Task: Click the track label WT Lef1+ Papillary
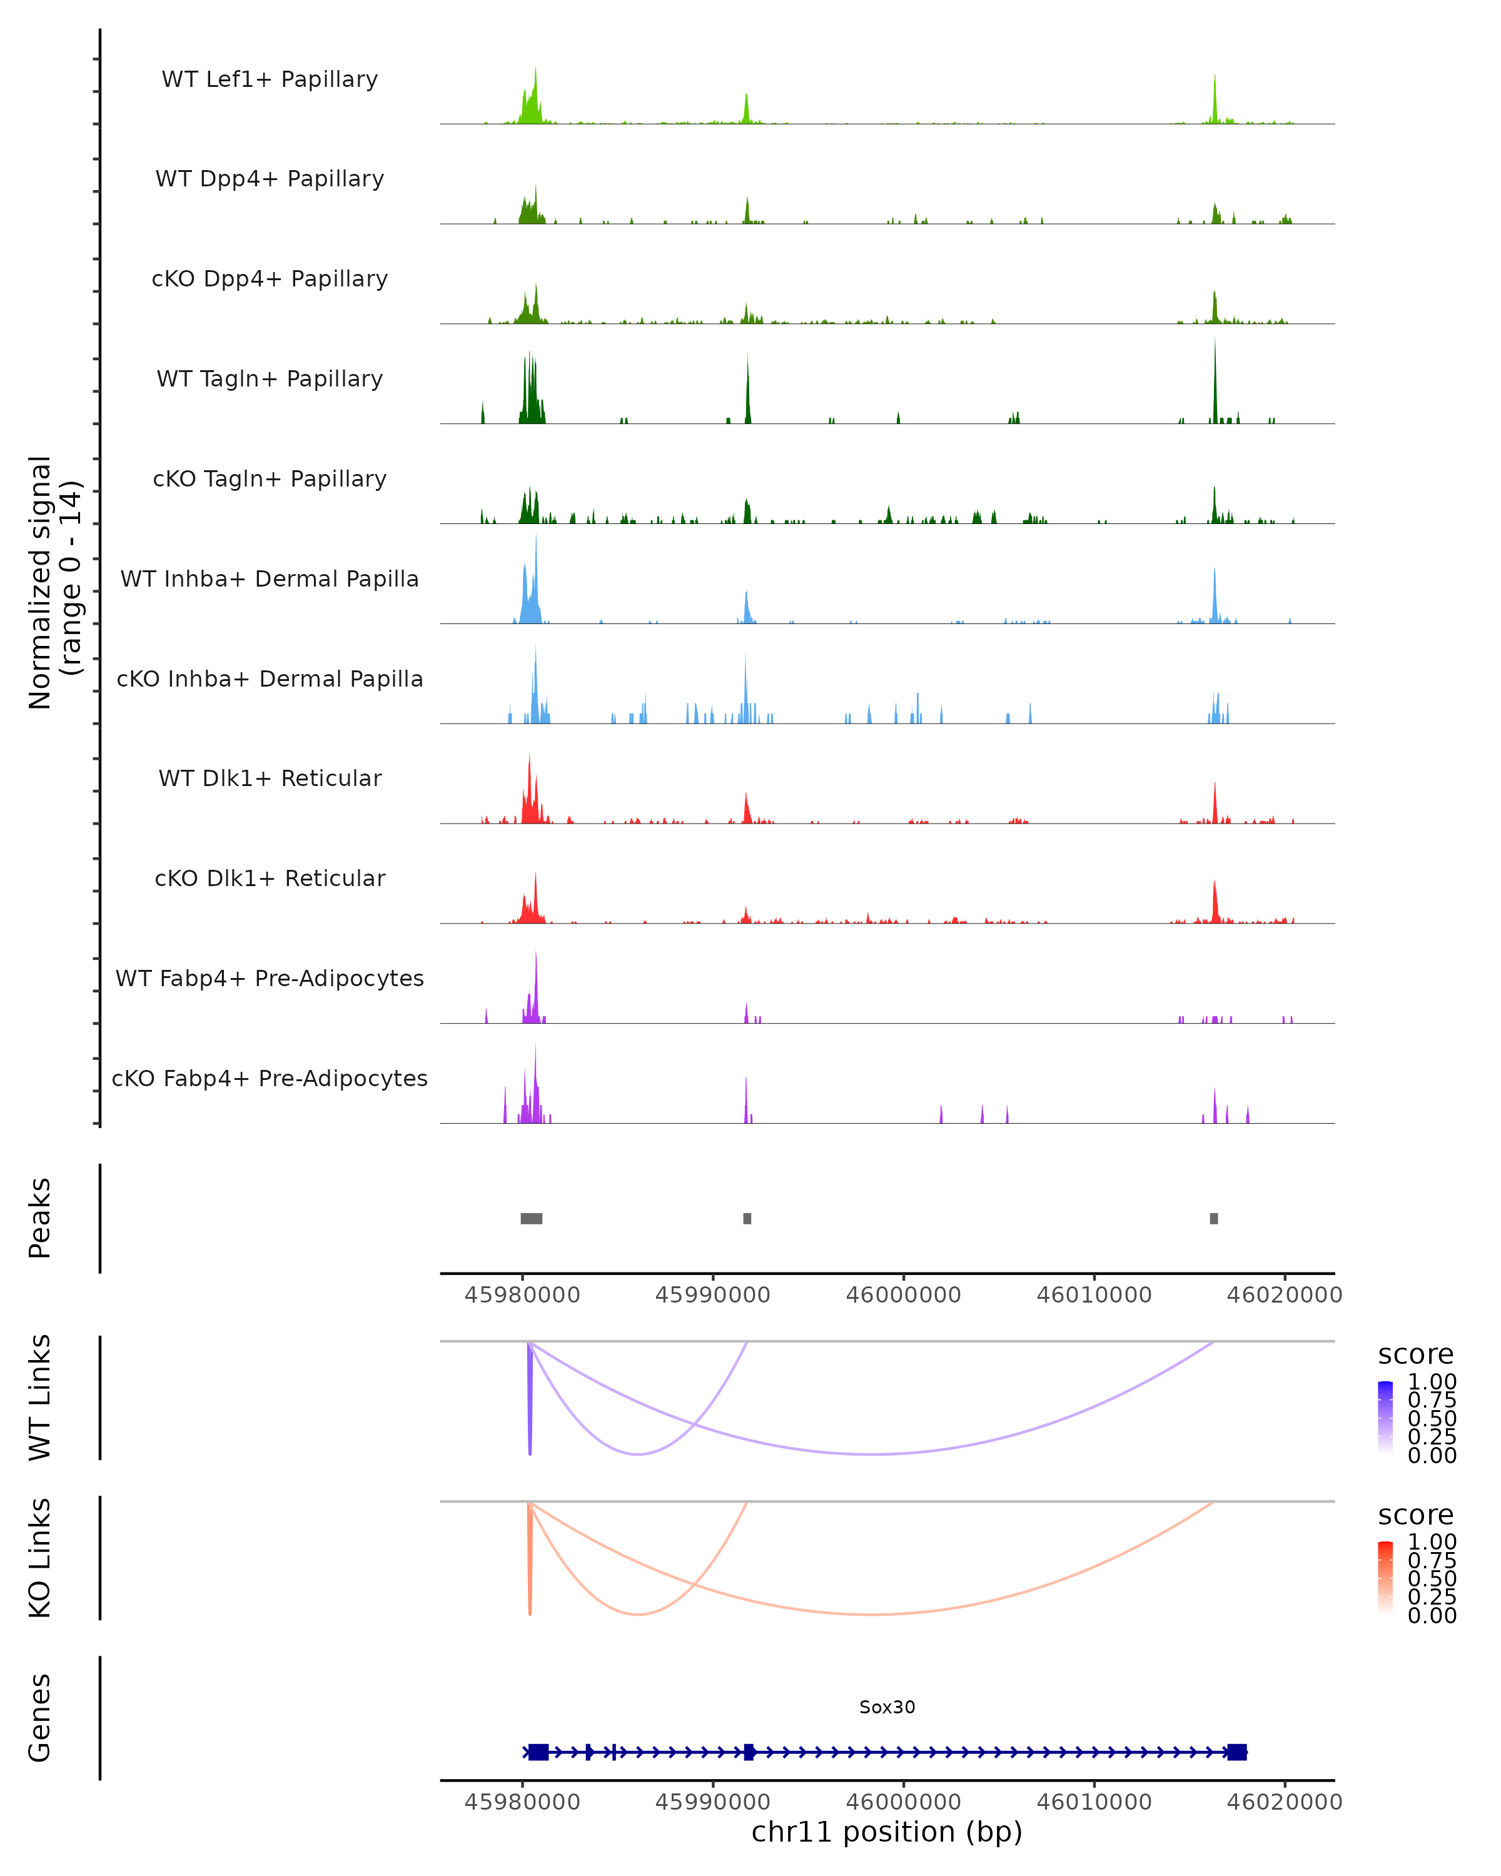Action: tap(270, 79)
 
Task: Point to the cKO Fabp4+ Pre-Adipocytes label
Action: tap(270, 1078)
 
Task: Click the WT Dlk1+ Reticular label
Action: tap(270, 778)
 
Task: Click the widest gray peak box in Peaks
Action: tap(531, 1218)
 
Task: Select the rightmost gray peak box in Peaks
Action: tap(1214, 1218)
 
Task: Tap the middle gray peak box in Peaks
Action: tap(747, 1218)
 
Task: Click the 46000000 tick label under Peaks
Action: tap(903, 1295)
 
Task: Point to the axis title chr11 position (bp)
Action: tap(887, 1832)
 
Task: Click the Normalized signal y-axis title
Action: tap(54, 582)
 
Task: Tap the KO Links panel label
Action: tap(40, 1558)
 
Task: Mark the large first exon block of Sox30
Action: tap(538, 1752)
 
